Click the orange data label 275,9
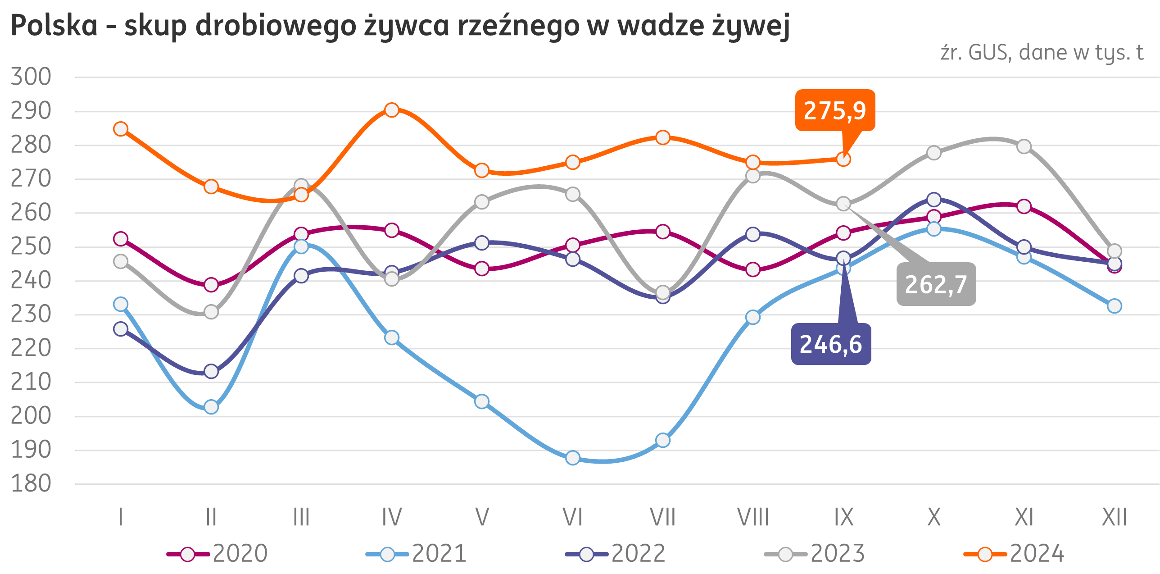(835, 110)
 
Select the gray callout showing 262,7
(936, 284)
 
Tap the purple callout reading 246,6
(831, 344)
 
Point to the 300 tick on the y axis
(31, 77)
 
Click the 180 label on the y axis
(31, 484)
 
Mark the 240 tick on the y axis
(31, 281)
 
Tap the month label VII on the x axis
(662, 517)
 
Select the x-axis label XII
(1114, 517)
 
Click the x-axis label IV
(392, 517)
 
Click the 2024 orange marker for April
(392, 110)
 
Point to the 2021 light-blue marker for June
(573, 458)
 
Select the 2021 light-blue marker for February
(211, 407)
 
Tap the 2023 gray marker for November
(1024, 147)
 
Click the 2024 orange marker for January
(121, 129)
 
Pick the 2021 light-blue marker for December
(1115, 306)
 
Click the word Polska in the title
(54, 26)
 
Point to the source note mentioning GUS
(1042, 53)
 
